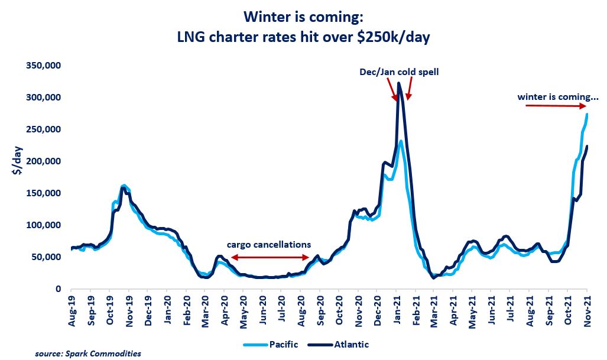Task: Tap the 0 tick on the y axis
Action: tap(59, 289)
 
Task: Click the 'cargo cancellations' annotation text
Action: tap(270, 244)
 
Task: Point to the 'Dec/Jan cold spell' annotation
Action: tap(400, 72)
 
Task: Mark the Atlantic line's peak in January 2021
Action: tap(399, 83)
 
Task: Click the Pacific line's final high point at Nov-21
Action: tap(587, 114)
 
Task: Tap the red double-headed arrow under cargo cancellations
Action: tap(270, 258)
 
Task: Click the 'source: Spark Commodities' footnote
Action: tap(88, 353)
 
